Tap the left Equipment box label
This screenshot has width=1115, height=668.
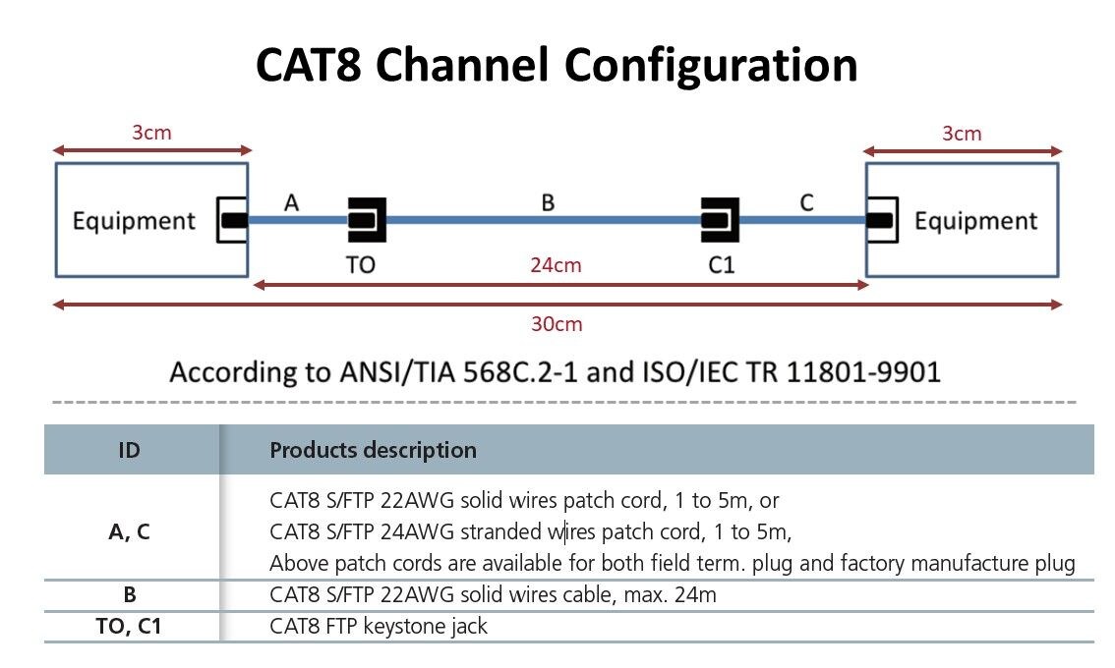tap(134, 221)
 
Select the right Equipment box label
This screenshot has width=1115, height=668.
tap(975, 221)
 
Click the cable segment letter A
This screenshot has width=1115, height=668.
tap(291, 202)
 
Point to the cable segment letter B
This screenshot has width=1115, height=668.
tap(548, 202)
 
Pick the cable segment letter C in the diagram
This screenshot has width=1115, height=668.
tap(806, 202)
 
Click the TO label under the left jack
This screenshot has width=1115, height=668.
tap(360, 265)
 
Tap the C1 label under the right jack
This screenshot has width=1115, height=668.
tap(721, 265)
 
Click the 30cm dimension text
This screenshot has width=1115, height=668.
tap(556, 324)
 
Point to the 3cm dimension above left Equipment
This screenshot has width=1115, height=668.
tap(151, 133)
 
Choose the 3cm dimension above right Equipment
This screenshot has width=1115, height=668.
tap(961, 133)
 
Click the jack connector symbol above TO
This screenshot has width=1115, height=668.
tap(366, 220)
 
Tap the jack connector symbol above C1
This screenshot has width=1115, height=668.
tap(720, 220)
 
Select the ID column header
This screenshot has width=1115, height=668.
tap(128, 451)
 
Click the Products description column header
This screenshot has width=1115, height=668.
tap(373, 451)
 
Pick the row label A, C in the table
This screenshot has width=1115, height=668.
tap(128, 532)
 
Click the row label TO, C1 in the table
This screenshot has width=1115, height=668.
tap(128, 626)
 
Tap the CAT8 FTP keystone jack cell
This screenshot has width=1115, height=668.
tap(379, 626)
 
